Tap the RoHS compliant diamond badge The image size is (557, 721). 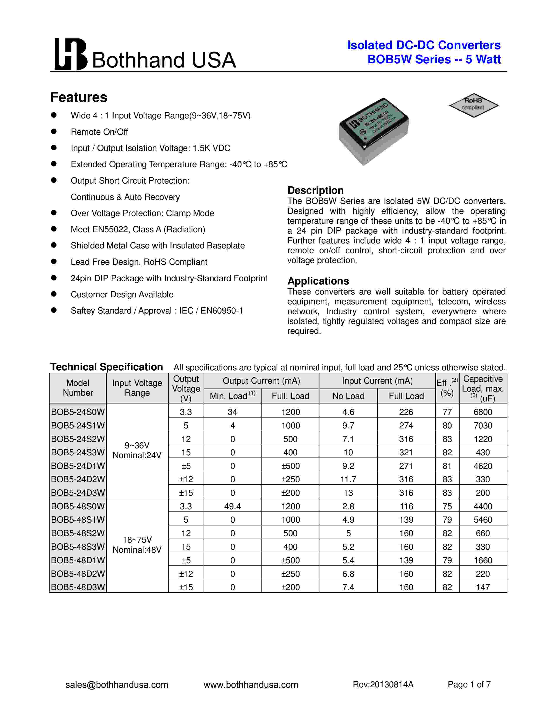click(x=474, y=105)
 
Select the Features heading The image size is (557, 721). click(x=79, y=97)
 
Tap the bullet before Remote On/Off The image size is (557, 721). click(x=54, y=131)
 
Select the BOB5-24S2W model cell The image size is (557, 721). click(x=78, y=439)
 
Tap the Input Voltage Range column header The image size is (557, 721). click(x=137, y=388)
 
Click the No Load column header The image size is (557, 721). click(x=348, y=396)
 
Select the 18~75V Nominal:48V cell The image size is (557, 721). click(x=137, y=544)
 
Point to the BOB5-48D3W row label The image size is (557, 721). click(x=78, y=587)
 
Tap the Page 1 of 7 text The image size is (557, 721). click(x=469, y=684)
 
